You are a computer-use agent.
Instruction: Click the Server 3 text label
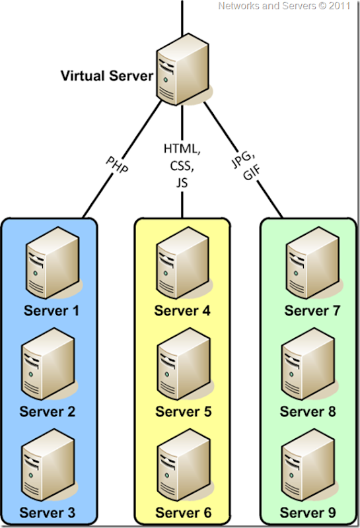point(48,512)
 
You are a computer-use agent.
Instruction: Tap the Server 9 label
point(308,512)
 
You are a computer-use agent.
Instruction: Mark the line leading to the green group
point(264,191)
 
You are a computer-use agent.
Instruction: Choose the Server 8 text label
point(308,412)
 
